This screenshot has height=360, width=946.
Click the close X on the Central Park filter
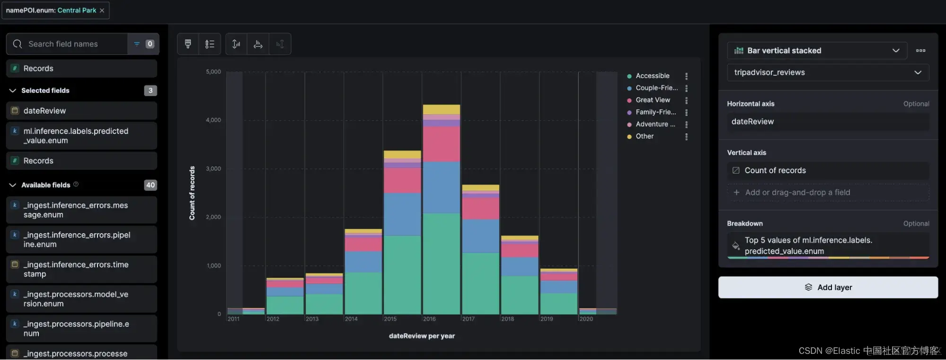102,10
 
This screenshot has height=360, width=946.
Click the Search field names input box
71,44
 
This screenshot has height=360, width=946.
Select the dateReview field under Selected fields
45,111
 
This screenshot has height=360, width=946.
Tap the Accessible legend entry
652,76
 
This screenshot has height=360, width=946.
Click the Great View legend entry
653,100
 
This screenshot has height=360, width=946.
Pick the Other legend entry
645,136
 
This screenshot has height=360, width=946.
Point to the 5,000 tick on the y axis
213,72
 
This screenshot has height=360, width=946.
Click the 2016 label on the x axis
429,319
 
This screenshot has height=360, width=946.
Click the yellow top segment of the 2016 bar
441,109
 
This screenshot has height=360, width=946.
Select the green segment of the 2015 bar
402,274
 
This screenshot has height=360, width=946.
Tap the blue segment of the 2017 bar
480,236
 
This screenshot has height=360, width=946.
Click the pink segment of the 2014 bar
363,244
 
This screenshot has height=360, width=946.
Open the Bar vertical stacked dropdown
816,51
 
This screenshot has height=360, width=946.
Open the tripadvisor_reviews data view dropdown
828,72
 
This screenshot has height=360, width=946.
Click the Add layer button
828,287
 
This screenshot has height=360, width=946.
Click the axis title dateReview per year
422,336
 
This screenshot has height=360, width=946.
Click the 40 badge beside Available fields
150,185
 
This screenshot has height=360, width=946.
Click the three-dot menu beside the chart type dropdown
920,51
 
